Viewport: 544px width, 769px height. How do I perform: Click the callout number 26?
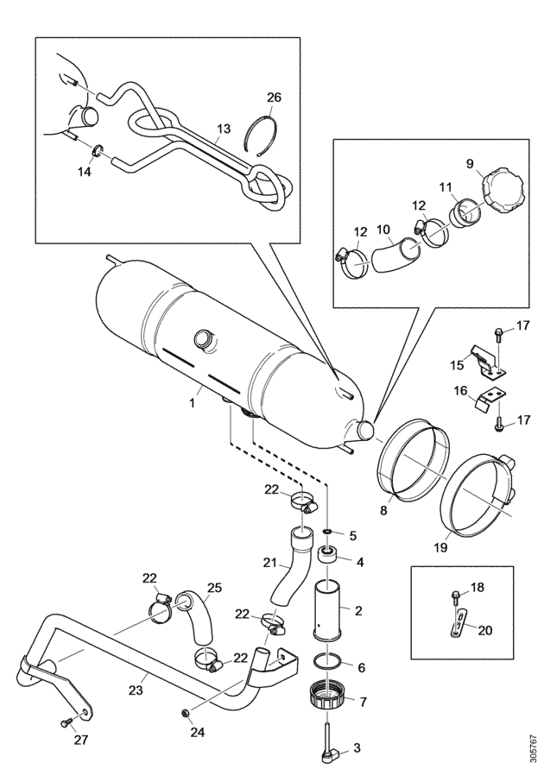275,98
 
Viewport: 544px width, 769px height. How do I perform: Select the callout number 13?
224,129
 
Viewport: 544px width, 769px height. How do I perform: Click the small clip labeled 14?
98,149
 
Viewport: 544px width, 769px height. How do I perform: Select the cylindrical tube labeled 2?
329,610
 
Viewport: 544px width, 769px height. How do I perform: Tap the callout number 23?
136,690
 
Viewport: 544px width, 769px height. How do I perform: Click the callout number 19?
441,547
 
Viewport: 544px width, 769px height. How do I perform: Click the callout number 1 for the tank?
193,403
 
